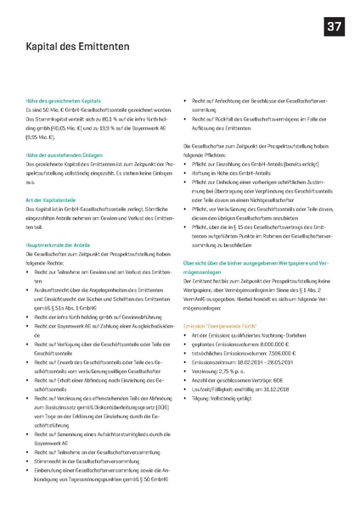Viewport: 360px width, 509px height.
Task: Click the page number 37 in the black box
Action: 333,28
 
